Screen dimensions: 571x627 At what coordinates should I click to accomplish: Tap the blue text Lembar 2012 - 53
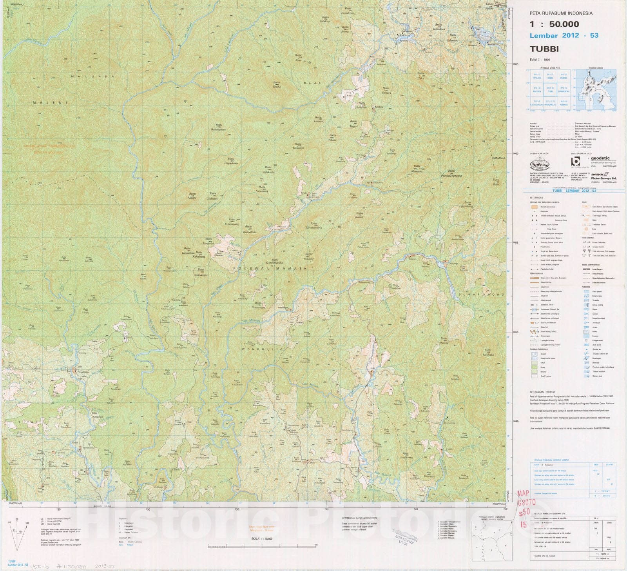[x=564, y=36]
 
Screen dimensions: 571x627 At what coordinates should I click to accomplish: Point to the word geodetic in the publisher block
[x=599, y=158]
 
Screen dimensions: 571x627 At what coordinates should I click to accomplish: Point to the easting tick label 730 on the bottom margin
[x=148, y=509]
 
